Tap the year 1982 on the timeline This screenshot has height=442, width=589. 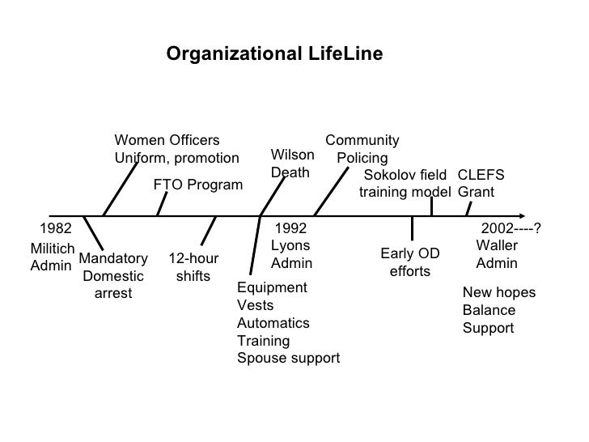pos(56,228)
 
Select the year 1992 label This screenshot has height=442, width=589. pos(290,228)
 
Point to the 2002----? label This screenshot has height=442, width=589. pos(510,228)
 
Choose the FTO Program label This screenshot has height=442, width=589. pos(197,185)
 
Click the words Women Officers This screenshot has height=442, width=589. pos(166,140)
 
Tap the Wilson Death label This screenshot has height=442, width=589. pos(292,164)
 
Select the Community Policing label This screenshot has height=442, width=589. pos(362,149)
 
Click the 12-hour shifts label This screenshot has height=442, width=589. pos(193,268)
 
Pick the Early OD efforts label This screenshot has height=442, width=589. pos(410,262)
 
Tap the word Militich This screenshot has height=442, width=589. pos(53,249)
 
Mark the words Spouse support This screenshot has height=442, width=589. pos(288,358)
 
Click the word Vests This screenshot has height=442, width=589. pos(255,305)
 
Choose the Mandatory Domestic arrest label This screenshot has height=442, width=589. pos(113,276)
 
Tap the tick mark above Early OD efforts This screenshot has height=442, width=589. pos(413,229)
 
